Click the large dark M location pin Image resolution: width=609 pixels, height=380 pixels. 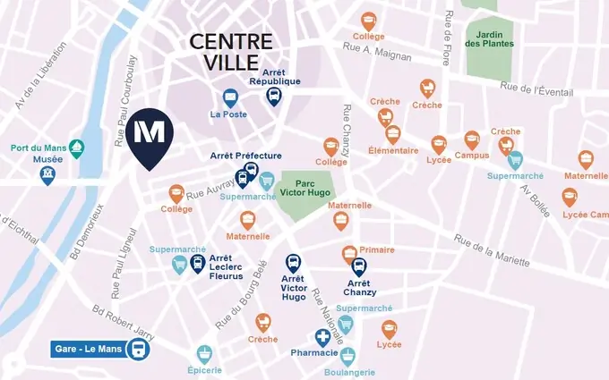pyautogui.click(x=148, y=136)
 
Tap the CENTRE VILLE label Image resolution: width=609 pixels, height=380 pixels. pyautogui.click(x=230, y=52)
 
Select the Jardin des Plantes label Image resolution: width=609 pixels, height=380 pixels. pyautogui.click(x=489, y=38)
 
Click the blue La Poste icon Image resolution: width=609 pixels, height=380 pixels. pyautogui.click(x=230, y=97)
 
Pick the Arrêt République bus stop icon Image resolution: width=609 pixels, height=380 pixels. pyautogui.click(x=274, y=97)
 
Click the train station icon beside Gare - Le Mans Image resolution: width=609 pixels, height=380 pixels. pyautogui.click(x=139, y=349)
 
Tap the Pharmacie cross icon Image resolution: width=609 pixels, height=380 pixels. pyautogui.click(x=322, y=338)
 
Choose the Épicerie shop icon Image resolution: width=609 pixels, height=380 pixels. pyautogui.click(x=204, y=354)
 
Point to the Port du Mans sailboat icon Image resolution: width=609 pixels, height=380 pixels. pyautogui.click(x=77, y=147)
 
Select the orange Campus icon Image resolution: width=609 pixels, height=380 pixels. pyautogui.click(x=472, y=139)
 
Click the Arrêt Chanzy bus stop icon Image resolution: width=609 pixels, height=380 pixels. pyautogui.click(x=359, y=266)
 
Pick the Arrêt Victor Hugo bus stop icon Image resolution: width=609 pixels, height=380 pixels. pyautogui.click(x=293, y=264)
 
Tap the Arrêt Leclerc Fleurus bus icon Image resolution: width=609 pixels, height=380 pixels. pyautogui.click(x=198, y=264)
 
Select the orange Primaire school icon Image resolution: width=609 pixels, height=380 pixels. pyautogui.click(x=350, y=253)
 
